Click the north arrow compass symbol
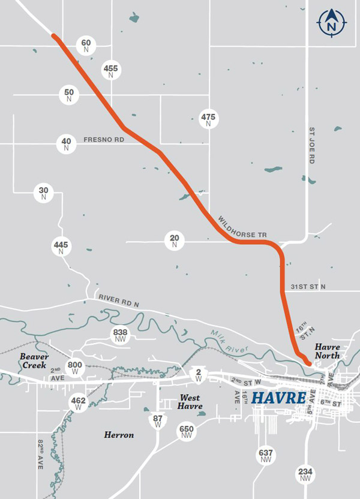(331, 23)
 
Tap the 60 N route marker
(86, 45)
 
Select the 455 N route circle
(110, 71)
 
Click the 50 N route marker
(70, 94)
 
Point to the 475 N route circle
(208, 119)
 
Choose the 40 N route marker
(66, 144)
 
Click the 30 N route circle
(43, 193)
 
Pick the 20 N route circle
(174, 241)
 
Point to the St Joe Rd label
(312, 145)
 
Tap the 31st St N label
(307, 287)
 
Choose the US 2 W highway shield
(199, 375)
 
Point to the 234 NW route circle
(305, 474)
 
